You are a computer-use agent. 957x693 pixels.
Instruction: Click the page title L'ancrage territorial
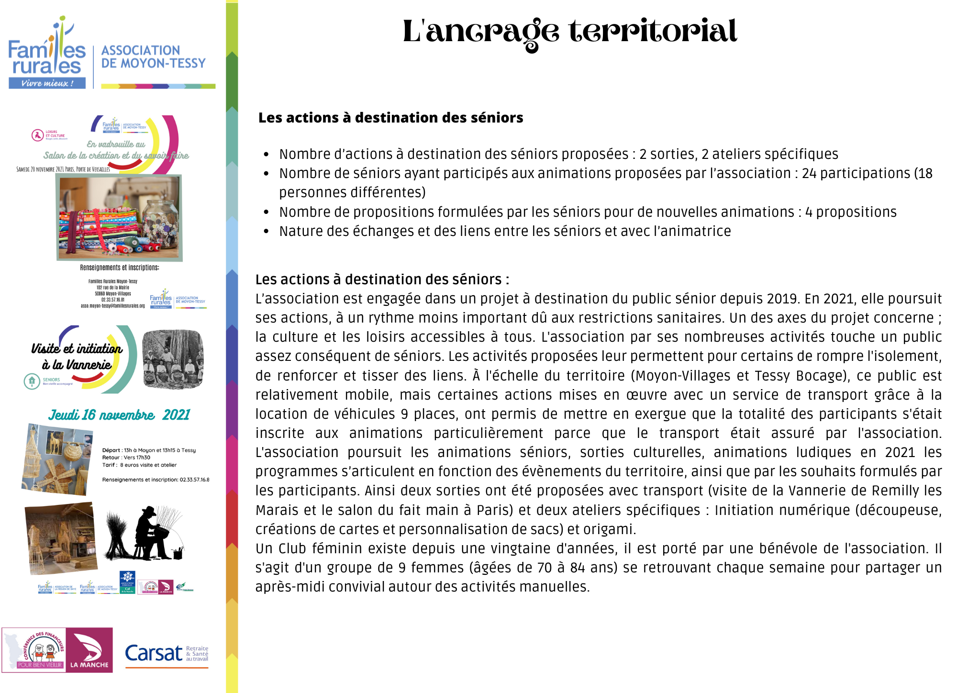[x=569, y=32]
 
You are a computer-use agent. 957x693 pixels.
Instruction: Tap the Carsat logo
[x=166, y=653]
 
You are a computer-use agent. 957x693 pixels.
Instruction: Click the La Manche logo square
[x=89, y=649]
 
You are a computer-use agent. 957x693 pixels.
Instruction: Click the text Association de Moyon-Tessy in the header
[x=153, y=56]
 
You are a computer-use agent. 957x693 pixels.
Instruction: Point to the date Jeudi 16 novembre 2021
[x=119, y=414]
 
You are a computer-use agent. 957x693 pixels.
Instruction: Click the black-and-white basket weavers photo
[x=173, y=359]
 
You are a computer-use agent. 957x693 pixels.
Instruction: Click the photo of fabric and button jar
[x=119, y=217]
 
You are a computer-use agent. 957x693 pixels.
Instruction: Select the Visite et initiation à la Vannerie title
[x=77, y=357]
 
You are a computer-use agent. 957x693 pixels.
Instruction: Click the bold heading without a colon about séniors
[x=390, y=118]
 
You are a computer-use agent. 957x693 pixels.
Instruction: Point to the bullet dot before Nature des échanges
[x=267, y=232]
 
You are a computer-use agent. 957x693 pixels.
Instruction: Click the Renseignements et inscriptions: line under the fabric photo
[x=120, y=268]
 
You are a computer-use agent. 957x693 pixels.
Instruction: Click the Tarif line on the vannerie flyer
[x=139, y=465]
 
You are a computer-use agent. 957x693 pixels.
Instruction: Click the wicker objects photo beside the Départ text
[x=57, y=459]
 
